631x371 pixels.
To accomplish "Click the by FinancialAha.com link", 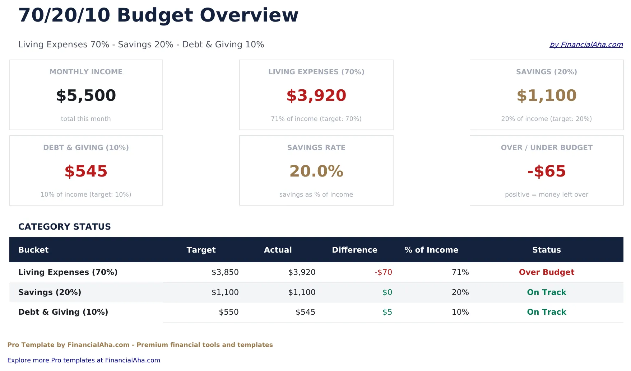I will click(x=586, y=44).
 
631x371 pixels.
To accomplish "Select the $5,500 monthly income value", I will click(x=86, y=95).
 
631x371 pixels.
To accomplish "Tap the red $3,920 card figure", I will click(x=316, y=95).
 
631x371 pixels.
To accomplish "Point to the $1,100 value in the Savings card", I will click(x=546, y=95).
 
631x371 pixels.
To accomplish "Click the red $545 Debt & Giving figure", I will click(x=86, y=171).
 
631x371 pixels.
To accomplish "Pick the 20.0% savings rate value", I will click(x=316, y=171).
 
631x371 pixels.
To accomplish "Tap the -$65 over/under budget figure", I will click(x=546, y=171).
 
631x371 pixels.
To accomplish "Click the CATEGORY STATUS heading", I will click(x=65, y=227).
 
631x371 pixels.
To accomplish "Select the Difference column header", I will click(x=354, y=250).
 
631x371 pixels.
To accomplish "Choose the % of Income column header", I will click(x=431, y=250).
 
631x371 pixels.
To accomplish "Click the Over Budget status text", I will click(x=546, y=272).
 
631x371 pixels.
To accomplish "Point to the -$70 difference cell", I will click(x=383, y=272).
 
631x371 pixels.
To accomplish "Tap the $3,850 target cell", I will click(x=225, y=272).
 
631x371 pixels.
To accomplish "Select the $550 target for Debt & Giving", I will click(x=229, y=312).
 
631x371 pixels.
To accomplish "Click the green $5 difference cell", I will click(x=387, y=312).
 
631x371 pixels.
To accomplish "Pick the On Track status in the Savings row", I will click(x=546, y=292).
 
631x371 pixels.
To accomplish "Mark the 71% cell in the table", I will click(x=460, y=272).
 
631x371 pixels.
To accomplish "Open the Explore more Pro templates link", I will click(x=84, y=360).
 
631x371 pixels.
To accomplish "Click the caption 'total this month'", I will click(x=86, y=119).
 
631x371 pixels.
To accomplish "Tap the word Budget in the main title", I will click(x=155, y=15).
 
